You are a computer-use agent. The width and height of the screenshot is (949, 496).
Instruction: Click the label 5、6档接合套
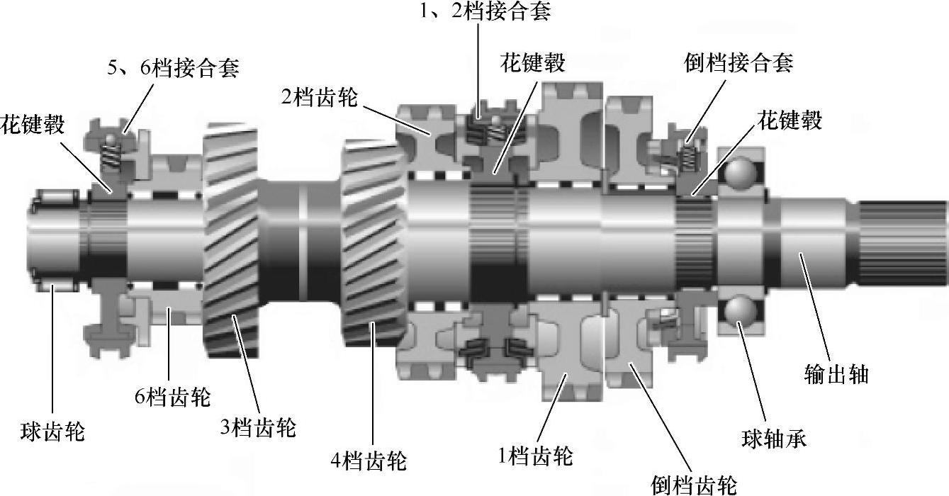coord(173,68)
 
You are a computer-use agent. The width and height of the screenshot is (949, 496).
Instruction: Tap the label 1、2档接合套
coord(485,11)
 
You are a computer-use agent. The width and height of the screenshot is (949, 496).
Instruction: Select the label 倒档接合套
coord(739,63)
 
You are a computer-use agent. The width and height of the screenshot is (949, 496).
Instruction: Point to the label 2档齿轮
coord(320,97)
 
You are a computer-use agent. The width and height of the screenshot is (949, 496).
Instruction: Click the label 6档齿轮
coord(173,397)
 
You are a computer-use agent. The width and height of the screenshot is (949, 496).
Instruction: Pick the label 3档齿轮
coord(258,427)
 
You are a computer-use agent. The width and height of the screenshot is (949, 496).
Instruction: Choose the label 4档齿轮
coord(369,461)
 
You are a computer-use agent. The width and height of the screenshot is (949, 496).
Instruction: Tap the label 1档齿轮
coord(535,456)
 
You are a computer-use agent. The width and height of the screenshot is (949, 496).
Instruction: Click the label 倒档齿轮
coord(694,484)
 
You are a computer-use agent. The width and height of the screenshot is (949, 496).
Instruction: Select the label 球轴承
coord(774,439)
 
